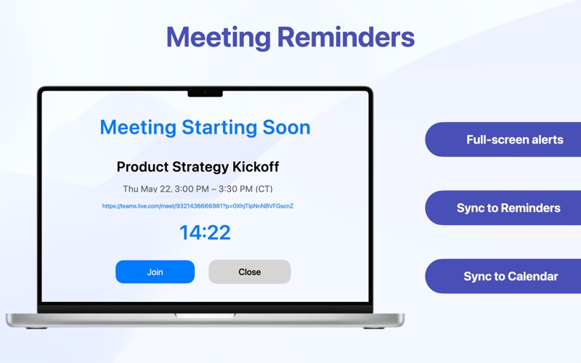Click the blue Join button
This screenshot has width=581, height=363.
(155, 272)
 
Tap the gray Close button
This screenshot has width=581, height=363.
(249, 272)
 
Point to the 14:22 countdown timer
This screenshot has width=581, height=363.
(205, 232)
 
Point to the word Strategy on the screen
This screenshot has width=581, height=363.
(202, 167)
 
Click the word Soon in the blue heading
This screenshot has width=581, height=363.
(286, 127)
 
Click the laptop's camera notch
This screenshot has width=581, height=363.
(205, 92)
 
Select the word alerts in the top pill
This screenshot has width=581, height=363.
(544, 139)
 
